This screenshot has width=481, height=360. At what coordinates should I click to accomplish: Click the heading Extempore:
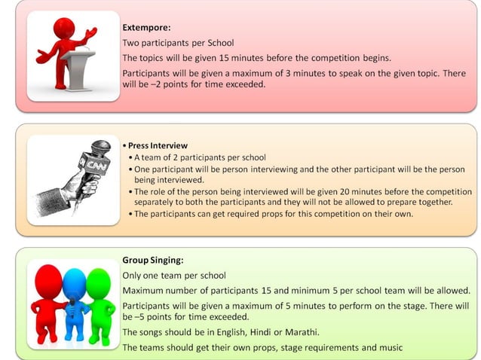point(146,28)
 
